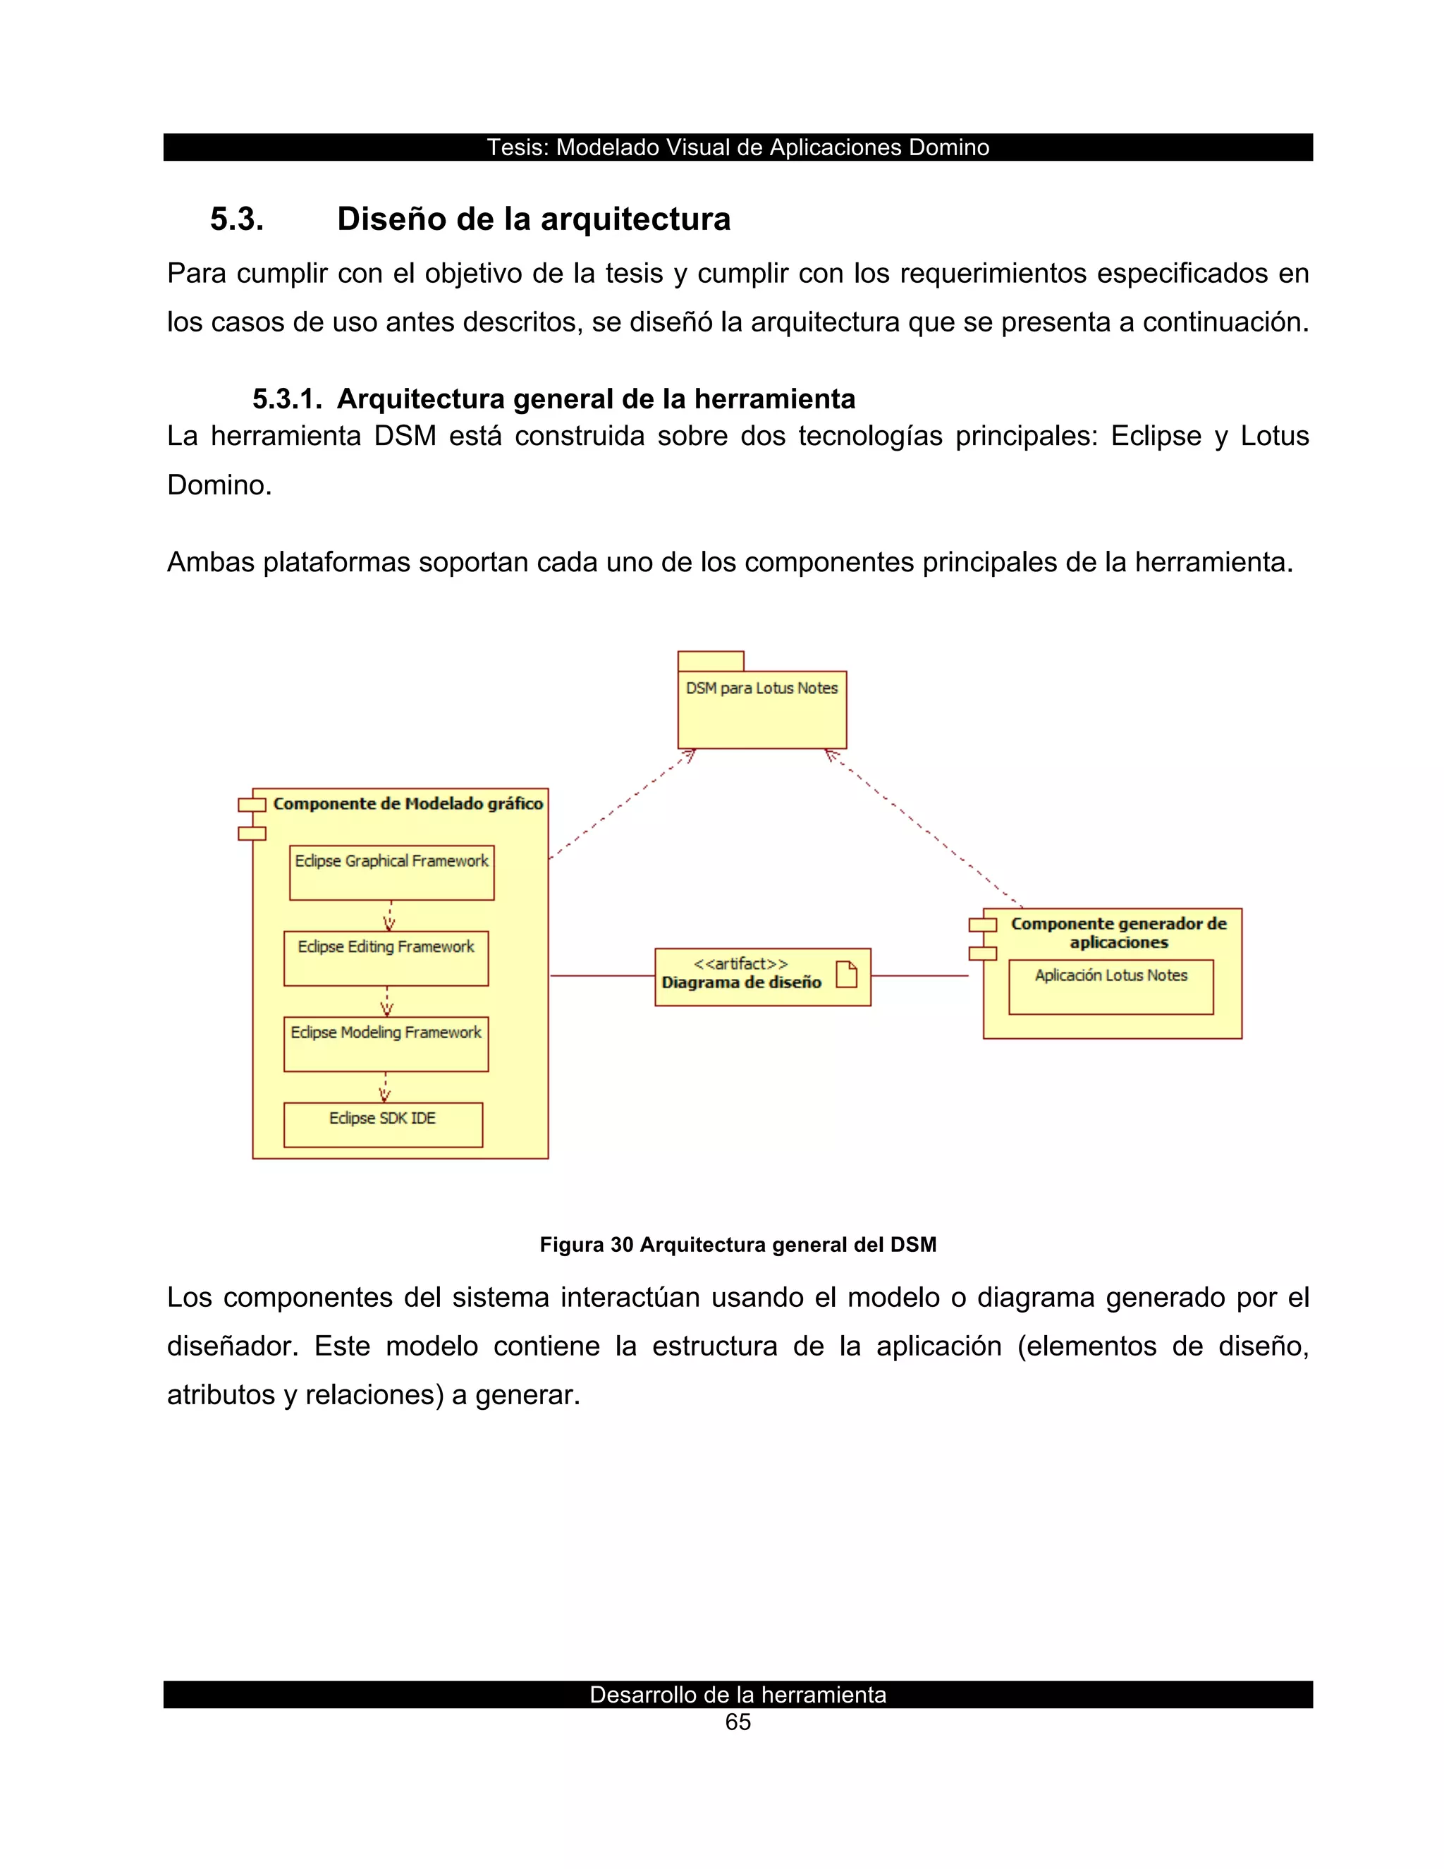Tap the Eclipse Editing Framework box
pyautogui.click(x=386, y=958)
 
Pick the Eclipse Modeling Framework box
pyautogui.click(x=386, y=1043)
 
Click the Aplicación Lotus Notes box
pyautogui.click(x=1110, y=987)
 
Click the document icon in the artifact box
pyautogui.click(x=846, y=974)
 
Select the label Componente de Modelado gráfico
pyautogui.click(x=408, y=803)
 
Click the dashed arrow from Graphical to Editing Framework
pyautogui.click(x=390, y=915)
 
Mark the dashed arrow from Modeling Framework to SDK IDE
pyautogui.click(x=385, y=1087)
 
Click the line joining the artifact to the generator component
pyautogui.click(x=919, y=975)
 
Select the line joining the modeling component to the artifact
pyautogui.click(x=602, y=975)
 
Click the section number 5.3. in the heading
pyautogui.click(x=237, y=219)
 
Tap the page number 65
pyautogui.click(x=738, y=1722)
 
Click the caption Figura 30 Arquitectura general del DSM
pyautogui.click(x=738, y=1244)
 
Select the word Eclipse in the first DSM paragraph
pyautogui.click(x=1156, y=437)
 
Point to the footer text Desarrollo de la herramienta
pyautogui.click(x=738, y=1694)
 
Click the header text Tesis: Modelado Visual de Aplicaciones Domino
pyautogui.click(x=738, y=147)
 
